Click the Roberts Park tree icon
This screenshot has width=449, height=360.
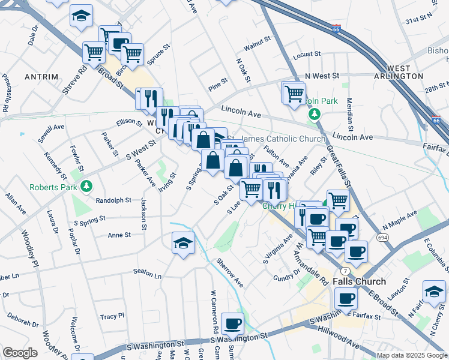86,187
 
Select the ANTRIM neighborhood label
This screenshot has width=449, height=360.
41,77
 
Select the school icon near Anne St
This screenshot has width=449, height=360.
183,243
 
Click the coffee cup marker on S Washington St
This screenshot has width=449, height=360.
232,324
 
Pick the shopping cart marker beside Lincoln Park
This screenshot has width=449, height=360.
294,92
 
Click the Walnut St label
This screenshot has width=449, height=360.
257,46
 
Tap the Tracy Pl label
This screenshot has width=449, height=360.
112,316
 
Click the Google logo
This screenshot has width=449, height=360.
20,353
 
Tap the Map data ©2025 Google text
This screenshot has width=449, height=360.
411,355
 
